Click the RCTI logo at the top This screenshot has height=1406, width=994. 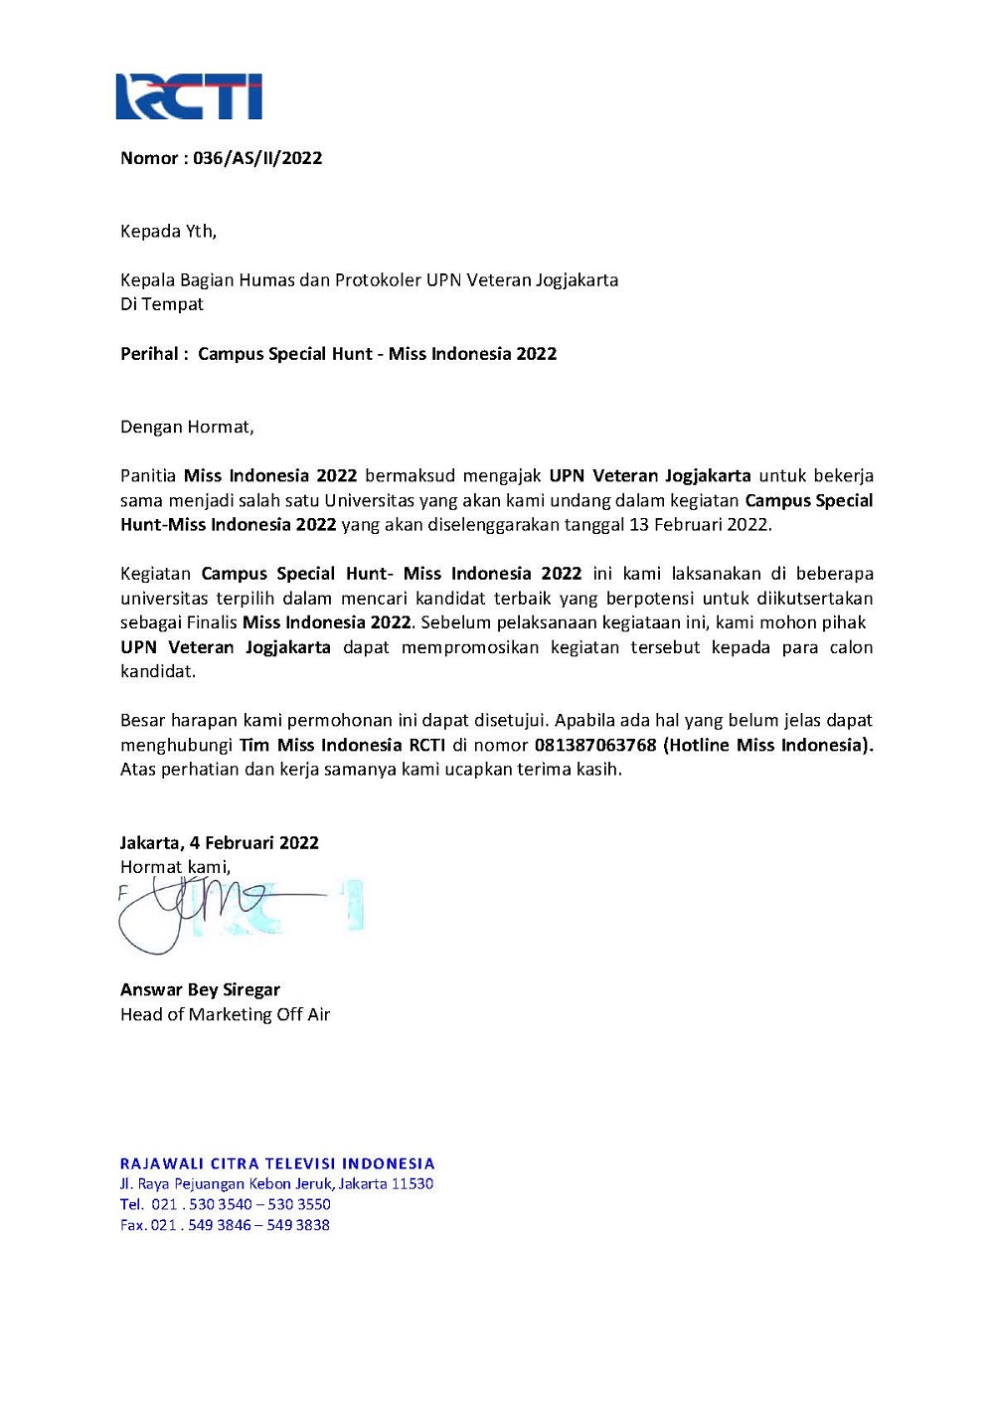189,96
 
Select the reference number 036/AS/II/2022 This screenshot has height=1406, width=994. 257,158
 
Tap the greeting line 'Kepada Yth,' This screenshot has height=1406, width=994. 168,232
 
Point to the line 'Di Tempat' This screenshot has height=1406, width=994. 162,304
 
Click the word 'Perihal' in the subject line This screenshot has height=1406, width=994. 149,354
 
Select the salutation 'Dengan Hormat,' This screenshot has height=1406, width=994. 187,428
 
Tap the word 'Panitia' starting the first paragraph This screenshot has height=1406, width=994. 148,476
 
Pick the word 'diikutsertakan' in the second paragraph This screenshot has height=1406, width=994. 814,599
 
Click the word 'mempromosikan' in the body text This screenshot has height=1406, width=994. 470,647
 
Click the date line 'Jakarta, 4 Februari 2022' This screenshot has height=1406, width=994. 220,843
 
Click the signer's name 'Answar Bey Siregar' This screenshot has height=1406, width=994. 200,990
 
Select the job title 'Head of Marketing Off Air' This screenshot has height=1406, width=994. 225,1015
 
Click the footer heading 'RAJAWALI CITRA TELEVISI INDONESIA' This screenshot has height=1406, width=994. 277,1163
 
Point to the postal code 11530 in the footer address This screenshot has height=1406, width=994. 413,1184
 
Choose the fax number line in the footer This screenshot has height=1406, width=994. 225,1225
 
